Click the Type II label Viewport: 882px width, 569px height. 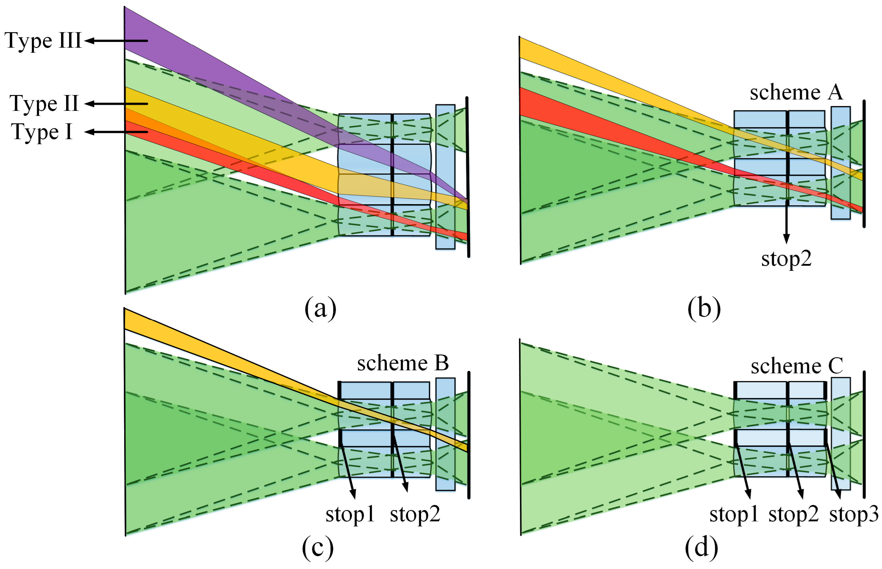[x=44, y=103]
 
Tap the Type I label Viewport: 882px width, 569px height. [x=42, y=132]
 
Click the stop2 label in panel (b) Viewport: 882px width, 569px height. [x=786, y=259]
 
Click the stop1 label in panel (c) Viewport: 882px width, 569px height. [x=350, y=514]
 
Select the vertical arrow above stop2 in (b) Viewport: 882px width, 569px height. [x=786, y=224]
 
